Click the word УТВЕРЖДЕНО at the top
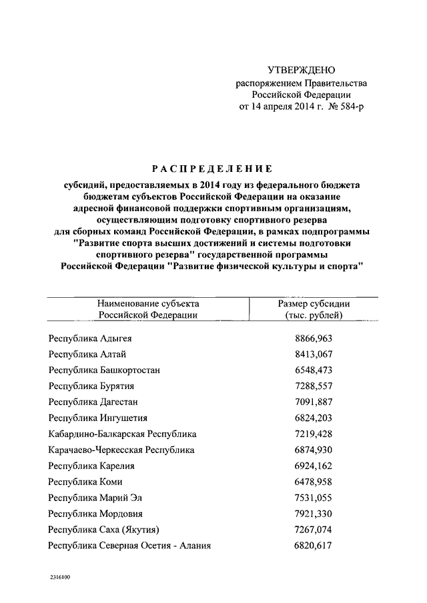301,71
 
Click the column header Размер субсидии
314,303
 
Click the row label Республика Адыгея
90,338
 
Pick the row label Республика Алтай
87,354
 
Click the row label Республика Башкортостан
104,370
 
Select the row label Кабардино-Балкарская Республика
122,434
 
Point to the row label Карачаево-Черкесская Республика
121,450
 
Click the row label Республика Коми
85,482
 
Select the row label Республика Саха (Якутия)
103,530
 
